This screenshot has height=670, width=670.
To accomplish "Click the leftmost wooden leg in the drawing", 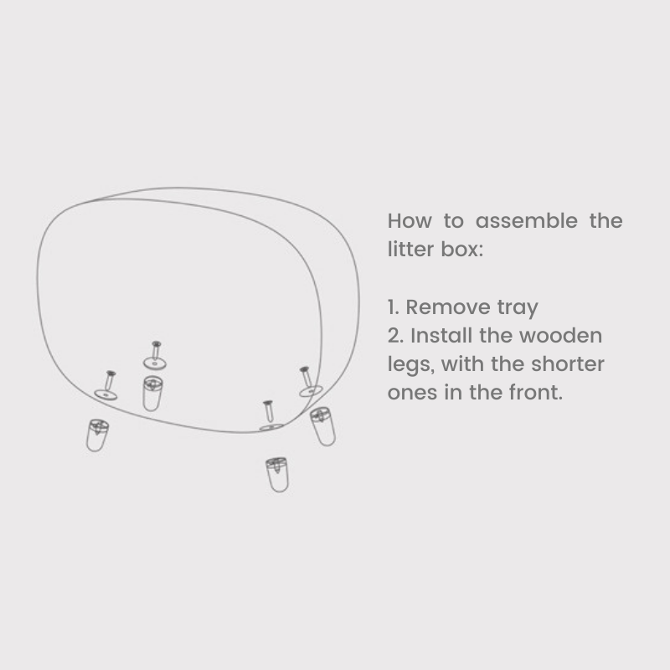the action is [x=97, y=435].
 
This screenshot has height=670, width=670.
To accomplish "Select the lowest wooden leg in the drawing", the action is [x=277, y=475].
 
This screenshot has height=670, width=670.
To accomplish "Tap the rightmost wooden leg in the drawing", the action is [x=322, y=426].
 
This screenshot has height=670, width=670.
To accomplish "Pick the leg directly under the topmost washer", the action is [x=152, y=393].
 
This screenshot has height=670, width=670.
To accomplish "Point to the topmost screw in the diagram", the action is [x=156, y=350].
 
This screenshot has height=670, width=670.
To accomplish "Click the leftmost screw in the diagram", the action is [x=110, y=381].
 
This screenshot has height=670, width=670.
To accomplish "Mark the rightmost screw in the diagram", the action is [x=306, y=377].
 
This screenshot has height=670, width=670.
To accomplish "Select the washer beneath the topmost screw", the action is [x=155, y=363].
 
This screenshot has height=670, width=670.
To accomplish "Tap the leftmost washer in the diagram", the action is [x=106, y=394].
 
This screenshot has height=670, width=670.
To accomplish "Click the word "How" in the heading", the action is [x=410, y=221].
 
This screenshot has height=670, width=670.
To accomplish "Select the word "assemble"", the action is [x=527, y=221].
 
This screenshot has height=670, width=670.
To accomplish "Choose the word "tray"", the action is [x=518, y=308].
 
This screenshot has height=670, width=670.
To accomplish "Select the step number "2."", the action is [x=395, y=336].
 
